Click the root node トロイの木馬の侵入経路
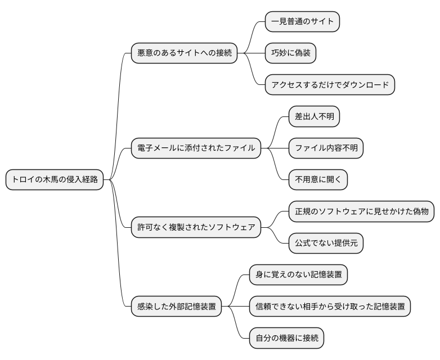[55, 180]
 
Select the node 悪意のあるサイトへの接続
[184, 53]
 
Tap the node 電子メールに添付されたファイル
[196, 148]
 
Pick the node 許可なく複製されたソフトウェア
[196, 228]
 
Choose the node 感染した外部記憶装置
[176, 307]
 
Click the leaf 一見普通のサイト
[302, 22]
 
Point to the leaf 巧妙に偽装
[290, 53]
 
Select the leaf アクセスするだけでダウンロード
[330, 85]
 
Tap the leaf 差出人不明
[314, 117]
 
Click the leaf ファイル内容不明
[326, 148]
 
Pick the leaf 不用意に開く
[318, 180]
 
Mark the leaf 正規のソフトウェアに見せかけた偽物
[361, 212]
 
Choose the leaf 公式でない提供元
[326, 244]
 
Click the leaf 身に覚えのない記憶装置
[298, 275]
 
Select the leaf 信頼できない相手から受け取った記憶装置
[330, 307]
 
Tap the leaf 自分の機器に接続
[286, 339]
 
